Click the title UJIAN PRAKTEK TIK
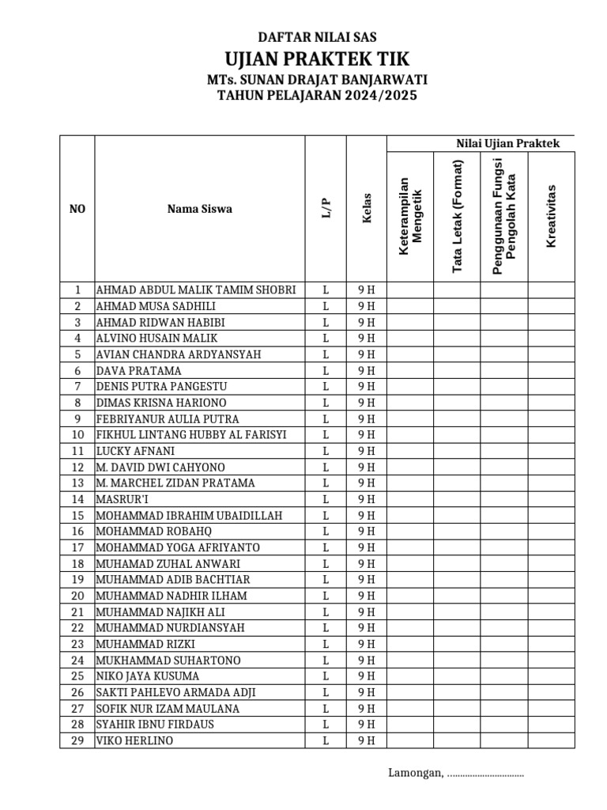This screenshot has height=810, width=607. point(318,59)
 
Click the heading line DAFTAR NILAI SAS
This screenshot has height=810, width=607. point(318,37)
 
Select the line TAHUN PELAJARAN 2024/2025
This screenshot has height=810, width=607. point(318,96)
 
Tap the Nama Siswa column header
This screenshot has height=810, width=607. point(199,210)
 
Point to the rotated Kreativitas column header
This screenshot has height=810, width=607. point(552,215)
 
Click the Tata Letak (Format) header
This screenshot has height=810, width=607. point(457,217)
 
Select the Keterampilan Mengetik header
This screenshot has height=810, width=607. point(410,215)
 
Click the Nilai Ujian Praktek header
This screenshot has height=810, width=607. point(507,143)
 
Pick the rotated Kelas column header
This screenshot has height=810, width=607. point(367,210)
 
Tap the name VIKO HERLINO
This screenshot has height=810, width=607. point(135,741)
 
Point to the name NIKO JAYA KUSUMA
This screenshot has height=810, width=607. point(148,676)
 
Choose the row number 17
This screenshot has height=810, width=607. point(77,547)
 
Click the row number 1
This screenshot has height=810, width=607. point(77,290)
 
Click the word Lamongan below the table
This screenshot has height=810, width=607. point(414,773)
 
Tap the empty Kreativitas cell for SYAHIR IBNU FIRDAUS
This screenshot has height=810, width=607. point(552,725)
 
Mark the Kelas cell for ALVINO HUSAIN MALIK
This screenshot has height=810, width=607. point(367,338)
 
